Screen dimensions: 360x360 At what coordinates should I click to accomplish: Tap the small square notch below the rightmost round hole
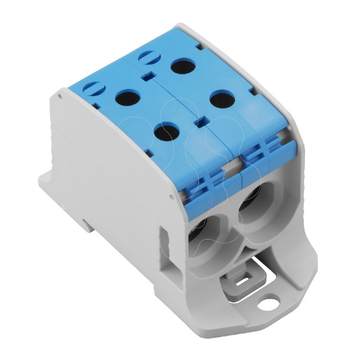pyautogui.click(x=201, y=122)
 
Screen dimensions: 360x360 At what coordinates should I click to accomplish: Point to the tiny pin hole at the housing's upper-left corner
pyautogui.click(x=60, y=94)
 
